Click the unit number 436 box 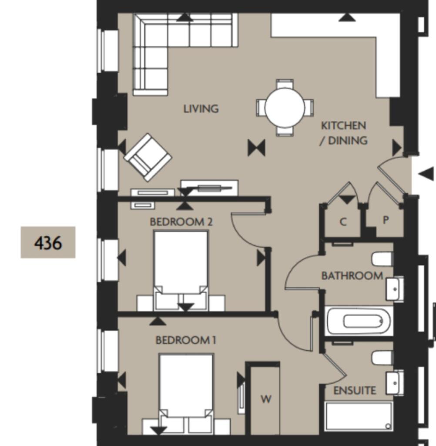[x=48, y=242]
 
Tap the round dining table [x=285, y=108]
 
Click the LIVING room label [x=201, y=108]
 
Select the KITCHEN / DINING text [x=343, y=133]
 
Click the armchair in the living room [x=148, y=157]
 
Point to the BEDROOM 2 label [x=181, y=222]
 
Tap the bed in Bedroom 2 [x=181, y=266]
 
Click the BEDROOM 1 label [x=186, y=340]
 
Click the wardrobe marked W [x=266, y=399]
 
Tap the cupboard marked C [x=343, y=222]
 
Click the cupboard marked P [x=385, y=220]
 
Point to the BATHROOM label [x=352, y=276]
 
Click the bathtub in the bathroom [x=359, y=321]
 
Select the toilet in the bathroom [x=382, y=260]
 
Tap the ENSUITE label [x=355, y=391]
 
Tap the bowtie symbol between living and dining [x=256, y=148]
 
